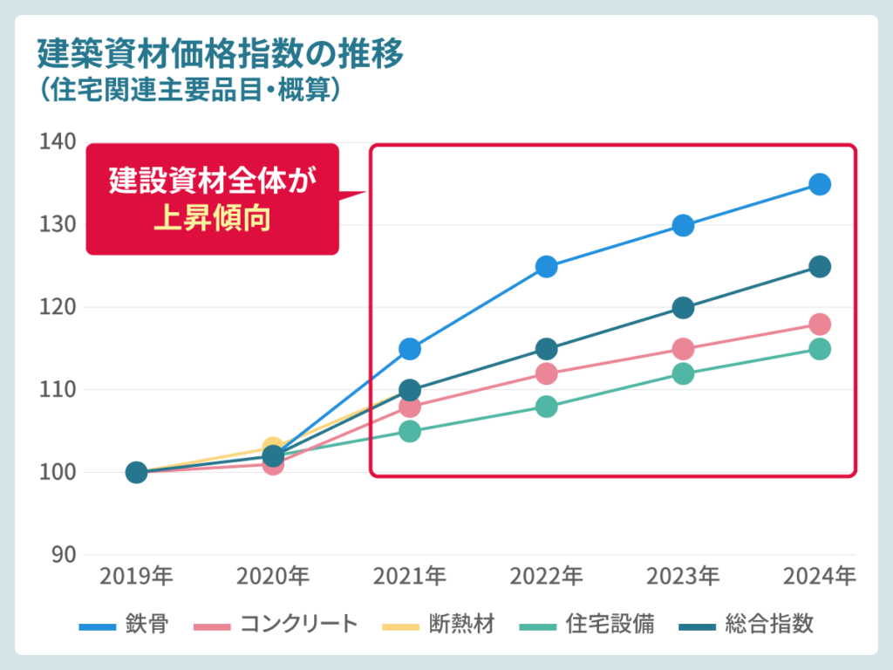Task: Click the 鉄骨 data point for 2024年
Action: (x=819, y=184)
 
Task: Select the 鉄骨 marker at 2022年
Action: (x=546, y=266)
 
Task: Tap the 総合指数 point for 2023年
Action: (x=683, y=308)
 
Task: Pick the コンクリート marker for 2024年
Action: (x=819, y=325)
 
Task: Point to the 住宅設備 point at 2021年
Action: (x=410, y=431)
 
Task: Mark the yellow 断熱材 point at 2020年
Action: (x=272, y=447)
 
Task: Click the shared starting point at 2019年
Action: (x=136, y=473)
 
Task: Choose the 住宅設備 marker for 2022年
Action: (x=546, y=407)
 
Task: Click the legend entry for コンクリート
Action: (x=276, y=625)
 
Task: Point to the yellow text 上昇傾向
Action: (x=212, y=218)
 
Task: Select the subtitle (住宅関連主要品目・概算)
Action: (x=187, y=90)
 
